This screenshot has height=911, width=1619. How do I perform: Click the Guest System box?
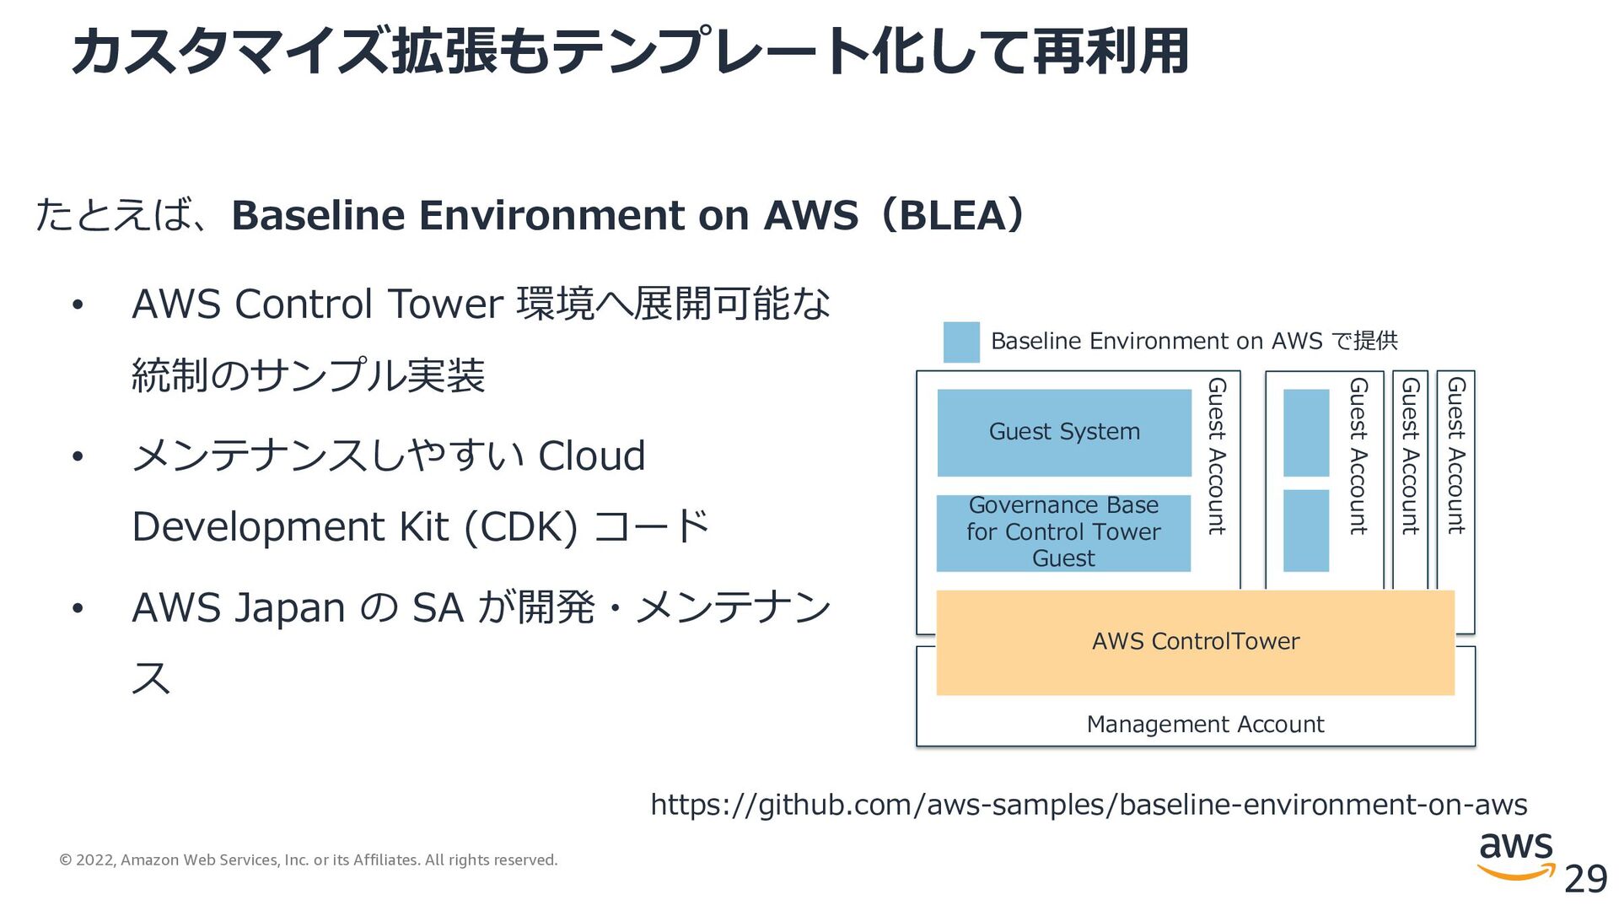(x=1064, y=432)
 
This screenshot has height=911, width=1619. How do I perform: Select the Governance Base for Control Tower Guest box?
(x=1063, y=532)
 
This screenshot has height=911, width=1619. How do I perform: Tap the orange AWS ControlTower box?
(x=1195, y=642)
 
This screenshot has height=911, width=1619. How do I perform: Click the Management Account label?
(x=1205, y=725)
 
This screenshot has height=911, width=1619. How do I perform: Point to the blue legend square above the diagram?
(x=961, y=342)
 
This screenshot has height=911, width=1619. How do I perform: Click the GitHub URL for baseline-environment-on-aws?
(x=1089, y=805)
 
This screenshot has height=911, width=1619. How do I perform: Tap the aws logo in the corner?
(x=1515, y=854)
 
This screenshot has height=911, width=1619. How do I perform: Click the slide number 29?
(x=1585, y=880)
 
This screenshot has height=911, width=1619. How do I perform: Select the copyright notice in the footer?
(x=309, y=860)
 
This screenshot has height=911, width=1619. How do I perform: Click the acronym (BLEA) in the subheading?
(x=953, y=215)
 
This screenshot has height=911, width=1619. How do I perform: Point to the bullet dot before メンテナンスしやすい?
(x=78, y=457)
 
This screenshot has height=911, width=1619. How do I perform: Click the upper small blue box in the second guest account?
(x=1305, y=433)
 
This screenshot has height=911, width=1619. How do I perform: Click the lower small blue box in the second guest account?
(x=1305, y=531)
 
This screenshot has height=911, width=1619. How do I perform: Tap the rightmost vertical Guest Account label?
(x=1456, y=455)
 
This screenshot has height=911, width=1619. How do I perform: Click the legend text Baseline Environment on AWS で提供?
(x=1194, y=341)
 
